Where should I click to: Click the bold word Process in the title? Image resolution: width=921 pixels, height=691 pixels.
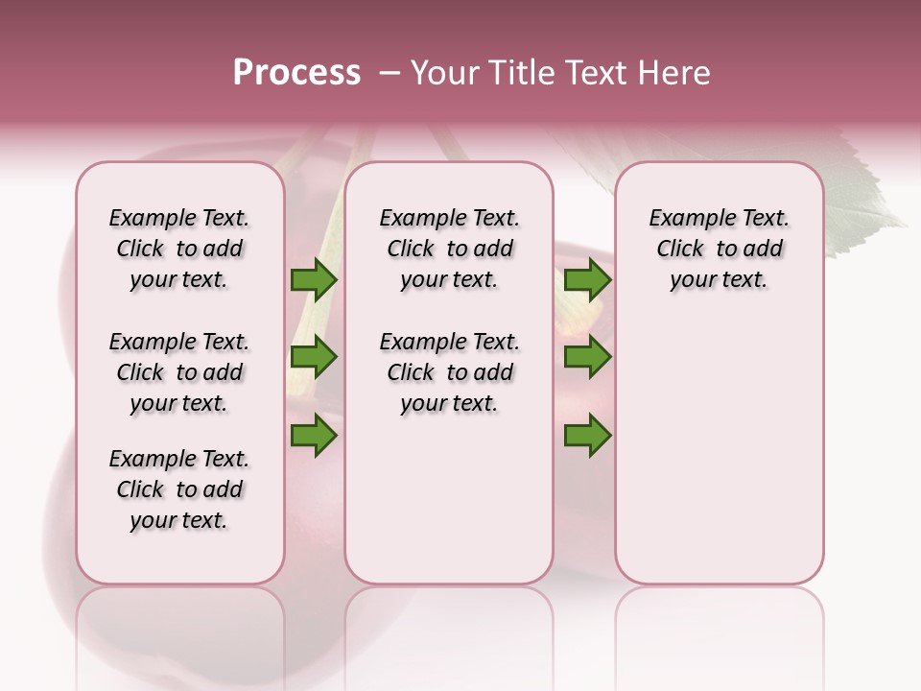point(296,73)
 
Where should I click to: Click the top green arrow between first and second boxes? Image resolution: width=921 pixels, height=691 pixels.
point(314,279)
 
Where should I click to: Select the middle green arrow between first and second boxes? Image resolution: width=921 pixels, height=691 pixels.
point(314,357)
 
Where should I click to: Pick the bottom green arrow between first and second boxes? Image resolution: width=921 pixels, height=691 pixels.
point(314,435)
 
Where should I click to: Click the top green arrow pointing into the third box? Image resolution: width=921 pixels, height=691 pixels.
point(587,279)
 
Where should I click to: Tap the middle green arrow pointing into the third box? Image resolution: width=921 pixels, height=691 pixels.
point(587,357)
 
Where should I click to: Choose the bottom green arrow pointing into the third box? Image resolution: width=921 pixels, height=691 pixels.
point(587,435)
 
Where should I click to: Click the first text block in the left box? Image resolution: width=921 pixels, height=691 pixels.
point(179,249)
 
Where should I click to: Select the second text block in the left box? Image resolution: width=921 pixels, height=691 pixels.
point(179,372)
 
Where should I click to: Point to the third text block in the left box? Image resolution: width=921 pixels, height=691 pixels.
point(179,489)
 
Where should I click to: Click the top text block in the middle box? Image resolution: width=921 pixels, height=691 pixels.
point(449,249)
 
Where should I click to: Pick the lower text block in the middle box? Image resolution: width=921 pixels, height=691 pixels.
point(449,372)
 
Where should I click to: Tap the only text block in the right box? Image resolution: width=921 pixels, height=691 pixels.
point(719,249)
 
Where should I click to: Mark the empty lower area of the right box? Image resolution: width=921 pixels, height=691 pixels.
point(719,451)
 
